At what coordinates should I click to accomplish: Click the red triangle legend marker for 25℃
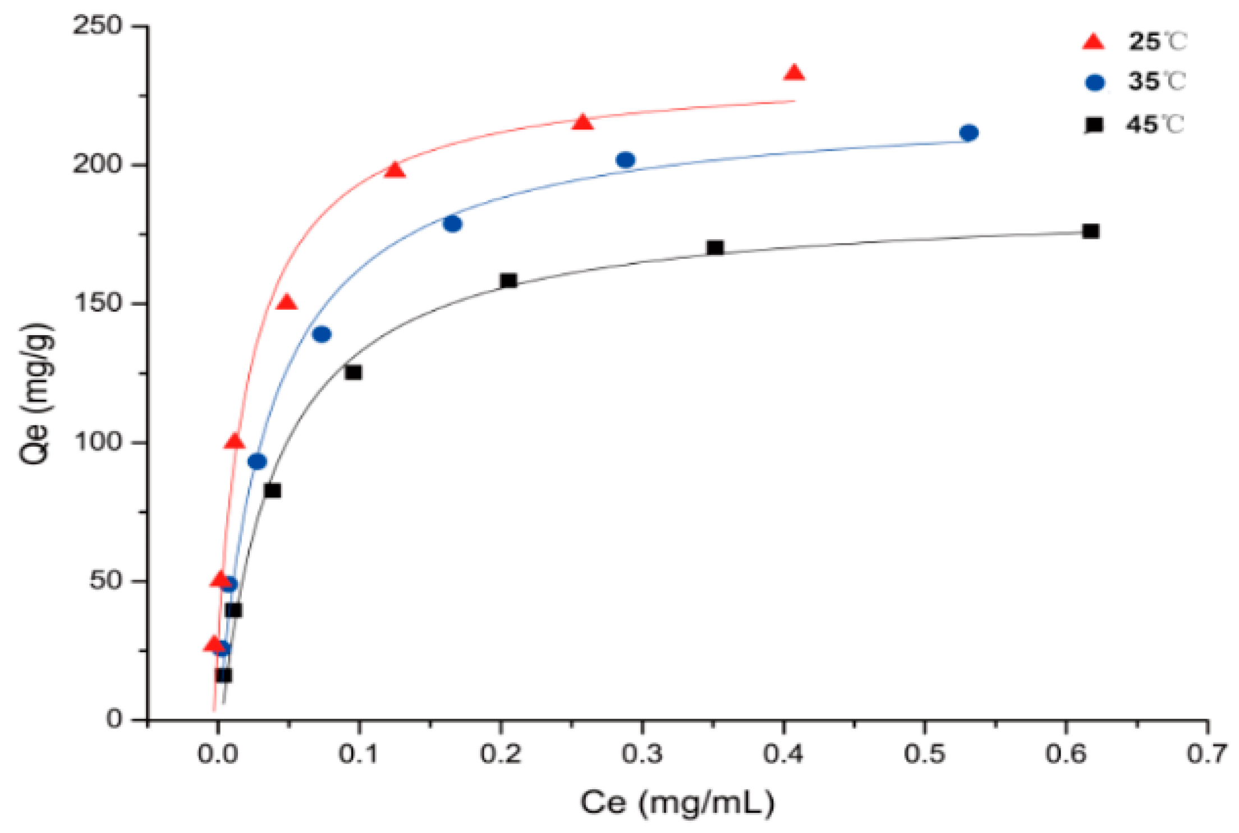1093,43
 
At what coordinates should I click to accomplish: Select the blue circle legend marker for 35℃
1095,83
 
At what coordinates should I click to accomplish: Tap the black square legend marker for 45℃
1095,125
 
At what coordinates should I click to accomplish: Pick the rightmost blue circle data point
969,133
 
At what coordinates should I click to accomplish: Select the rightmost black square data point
1090,231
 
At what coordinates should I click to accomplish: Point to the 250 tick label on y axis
98,26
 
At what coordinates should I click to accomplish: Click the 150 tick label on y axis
98,303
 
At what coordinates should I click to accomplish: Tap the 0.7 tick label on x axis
1206,754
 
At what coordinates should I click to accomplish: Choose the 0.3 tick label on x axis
641,754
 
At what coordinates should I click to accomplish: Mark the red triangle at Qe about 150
287,303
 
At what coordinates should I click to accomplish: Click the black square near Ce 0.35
715,248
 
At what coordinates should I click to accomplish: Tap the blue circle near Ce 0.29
625,160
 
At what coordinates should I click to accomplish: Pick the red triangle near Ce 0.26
583,122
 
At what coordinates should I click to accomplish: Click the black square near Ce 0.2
508,281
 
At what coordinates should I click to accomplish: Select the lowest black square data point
223,675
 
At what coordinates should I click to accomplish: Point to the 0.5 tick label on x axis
924,754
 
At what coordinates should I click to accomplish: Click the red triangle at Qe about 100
235,442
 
